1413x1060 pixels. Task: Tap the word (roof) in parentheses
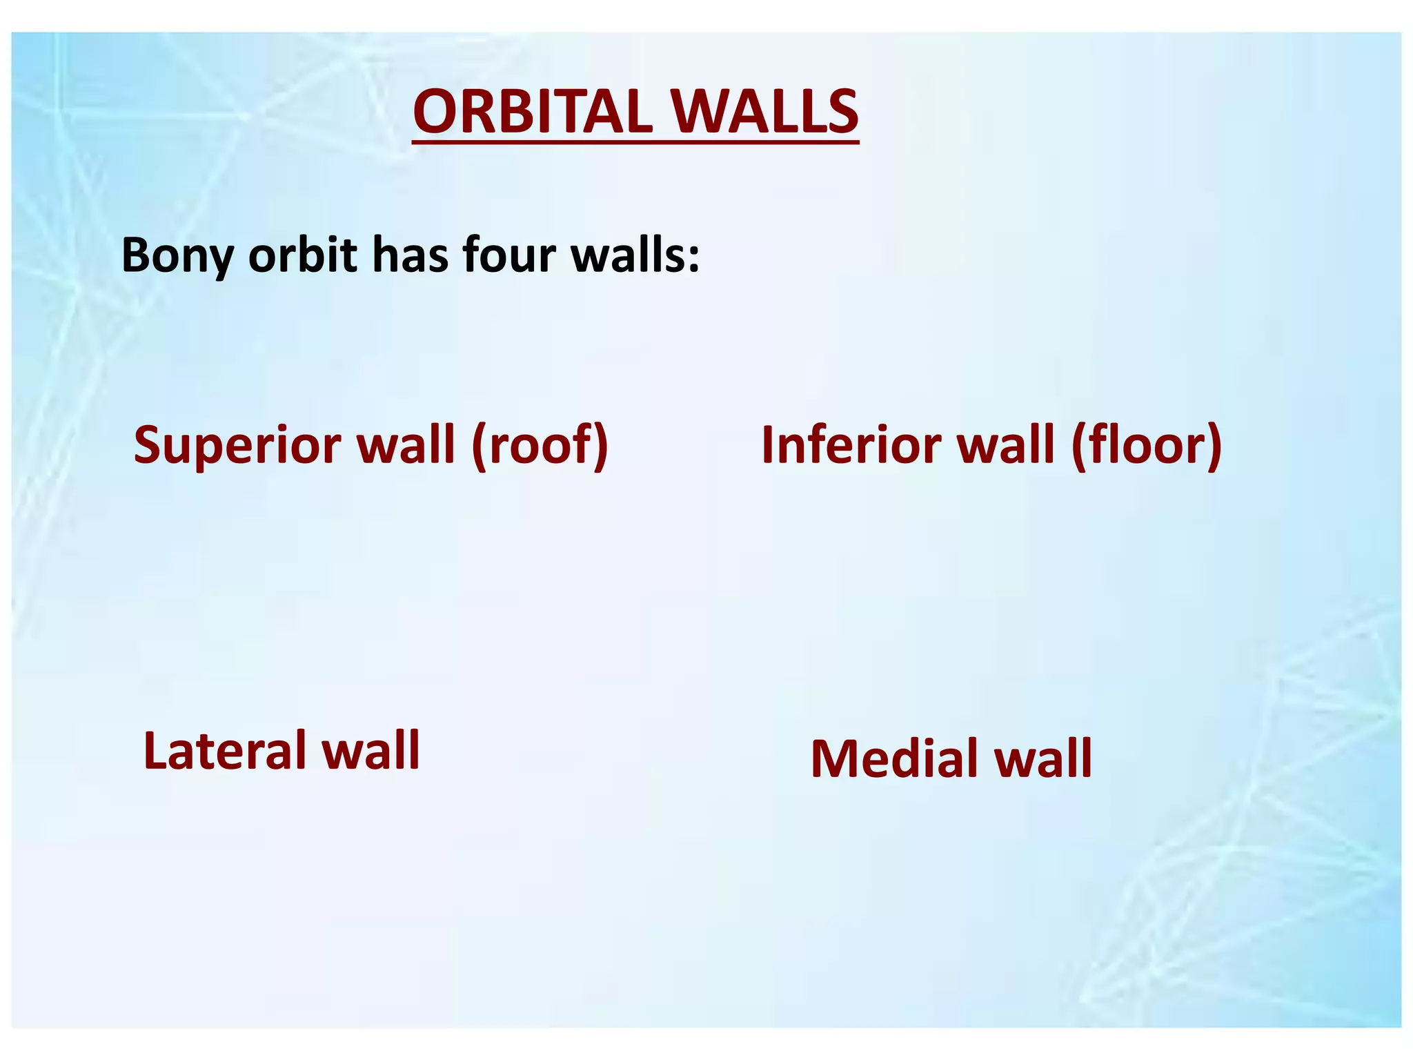tap(540, 445)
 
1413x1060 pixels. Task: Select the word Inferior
tap(850, 445)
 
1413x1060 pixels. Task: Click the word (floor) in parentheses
tap(1146, 445)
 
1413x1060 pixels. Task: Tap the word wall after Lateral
tap(372, 751)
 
